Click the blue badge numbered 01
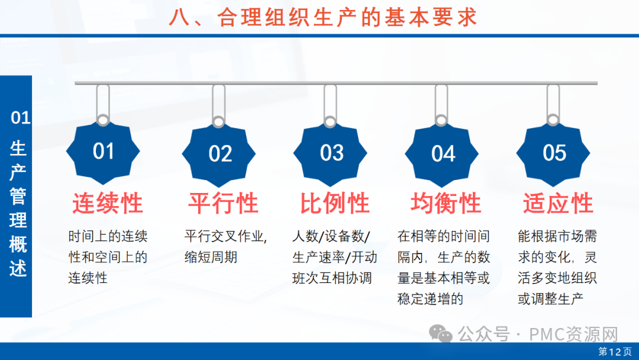point(103,152)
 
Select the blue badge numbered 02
point(219,154)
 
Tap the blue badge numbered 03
point(330,153)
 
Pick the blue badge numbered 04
point(442,154)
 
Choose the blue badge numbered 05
point(553,153)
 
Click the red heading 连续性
point(108,203)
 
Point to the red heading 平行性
point(223,203)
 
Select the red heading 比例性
point(334,203)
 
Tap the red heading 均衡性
point(446,203)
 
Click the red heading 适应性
point(558,203)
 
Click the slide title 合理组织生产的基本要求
point(347,18)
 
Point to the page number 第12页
point(615,352)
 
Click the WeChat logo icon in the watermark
point(441,334)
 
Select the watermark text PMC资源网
point(573,335)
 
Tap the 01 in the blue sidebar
point(20,118)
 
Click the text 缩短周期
point(211,257)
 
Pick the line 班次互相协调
point(332,278)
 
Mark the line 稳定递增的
point(430,299)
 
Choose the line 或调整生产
point(551,299)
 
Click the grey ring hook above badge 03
point(330,121)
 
